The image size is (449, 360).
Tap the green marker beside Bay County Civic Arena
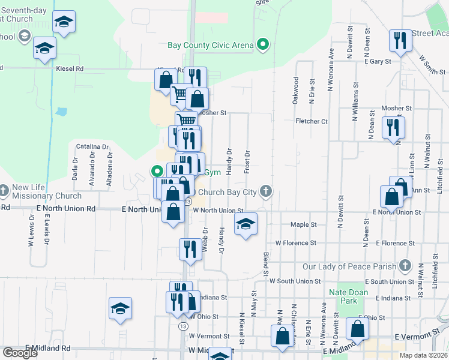[x=262, y=44]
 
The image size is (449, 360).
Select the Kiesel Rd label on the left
[x=70, y=69]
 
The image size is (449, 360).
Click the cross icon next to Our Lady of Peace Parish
[x=405, y=265]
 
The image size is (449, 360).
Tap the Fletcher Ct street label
[x=312, y=121]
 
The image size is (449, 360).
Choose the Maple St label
[x=303, y=224]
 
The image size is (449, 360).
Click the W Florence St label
[x=295, y=243]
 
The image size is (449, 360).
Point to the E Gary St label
[x=378, y=61]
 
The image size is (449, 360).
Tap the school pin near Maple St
[x=246, y=224]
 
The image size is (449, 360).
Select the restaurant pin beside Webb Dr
[x=190, y=249]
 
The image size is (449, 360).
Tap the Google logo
[x=20, y=353]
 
